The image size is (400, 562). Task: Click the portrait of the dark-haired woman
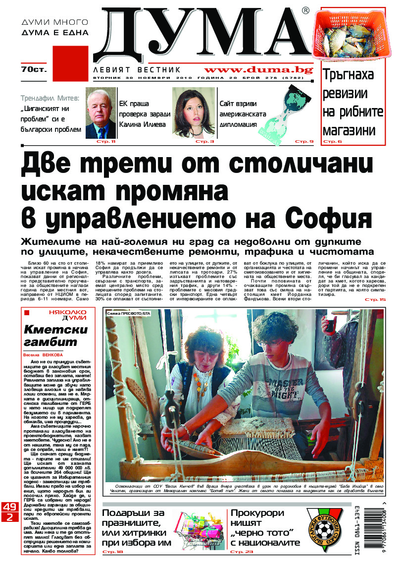(x=190, y=113)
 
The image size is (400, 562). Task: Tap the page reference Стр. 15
(x=375, y=300)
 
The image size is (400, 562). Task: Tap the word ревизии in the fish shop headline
(x=345, y=94)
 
